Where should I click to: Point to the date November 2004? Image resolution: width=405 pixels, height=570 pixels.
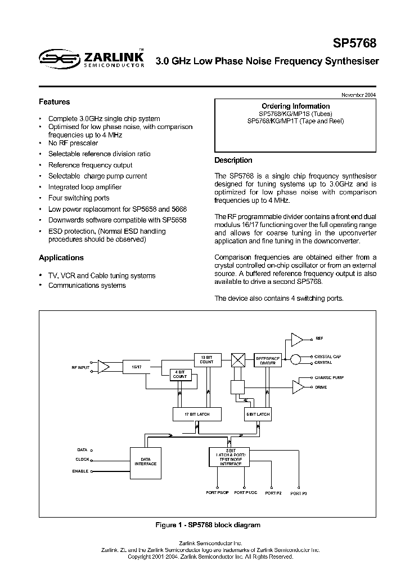pyautogui.click(x=358, y=94)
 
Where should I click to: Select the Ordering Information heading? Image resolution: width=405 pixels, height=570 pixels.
pyautogui.click(x=295, y=106)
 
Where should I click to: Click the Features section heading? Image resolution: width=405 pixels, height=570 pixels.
pyautogui.click(x=54, y=102)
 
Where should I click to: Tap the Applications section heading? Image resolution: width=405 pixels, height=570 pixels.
pyautogui.click(x=61, y=257)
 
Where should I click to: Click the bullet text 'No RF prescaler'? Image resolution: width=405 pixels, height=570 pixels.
pyautogui.click(x=73, y=143)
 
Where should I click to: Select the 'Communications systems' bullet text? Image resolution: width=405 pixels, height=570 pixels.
pyautogui.click(x=87, y=285)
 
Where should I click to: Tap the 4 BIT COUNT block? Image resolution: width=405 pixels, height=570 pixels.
pyautogui.click(x=180, y=374)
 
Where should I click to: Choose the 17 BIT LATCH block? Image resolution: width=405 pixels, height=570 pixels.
pyautogui.click(x=196, y=414)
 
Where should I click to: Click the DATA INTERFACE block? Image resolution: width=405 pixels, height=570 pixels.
pyautogui.click(x=145, y=461)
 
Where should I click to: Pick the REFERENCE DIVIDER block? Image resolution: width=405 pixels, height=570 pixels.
pyautogui.click(x=268, y=360)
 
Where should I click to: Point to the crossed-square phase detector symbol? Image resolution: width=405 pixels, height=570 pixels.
pyautogui.click(x=239, y=360)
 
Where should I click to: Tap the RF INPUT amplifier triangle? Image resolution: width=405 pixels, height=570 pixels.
pyautogui.click(x=103, y=367)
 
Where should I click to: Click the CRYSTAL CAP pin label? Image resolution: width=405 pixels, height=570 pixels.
pyautogui.click(x=327, y=357)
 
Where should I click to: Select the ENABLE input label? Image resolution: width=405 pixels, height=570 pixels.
pyautogui.click(x=80, y=471)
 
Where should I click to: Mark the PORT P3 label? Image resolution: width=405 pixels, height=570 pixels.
pyautogui.click(x=298, y=493)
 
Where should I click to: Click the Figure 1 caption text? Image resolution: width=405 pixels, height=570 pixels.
pyautogui.click(x=208, y=525)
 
